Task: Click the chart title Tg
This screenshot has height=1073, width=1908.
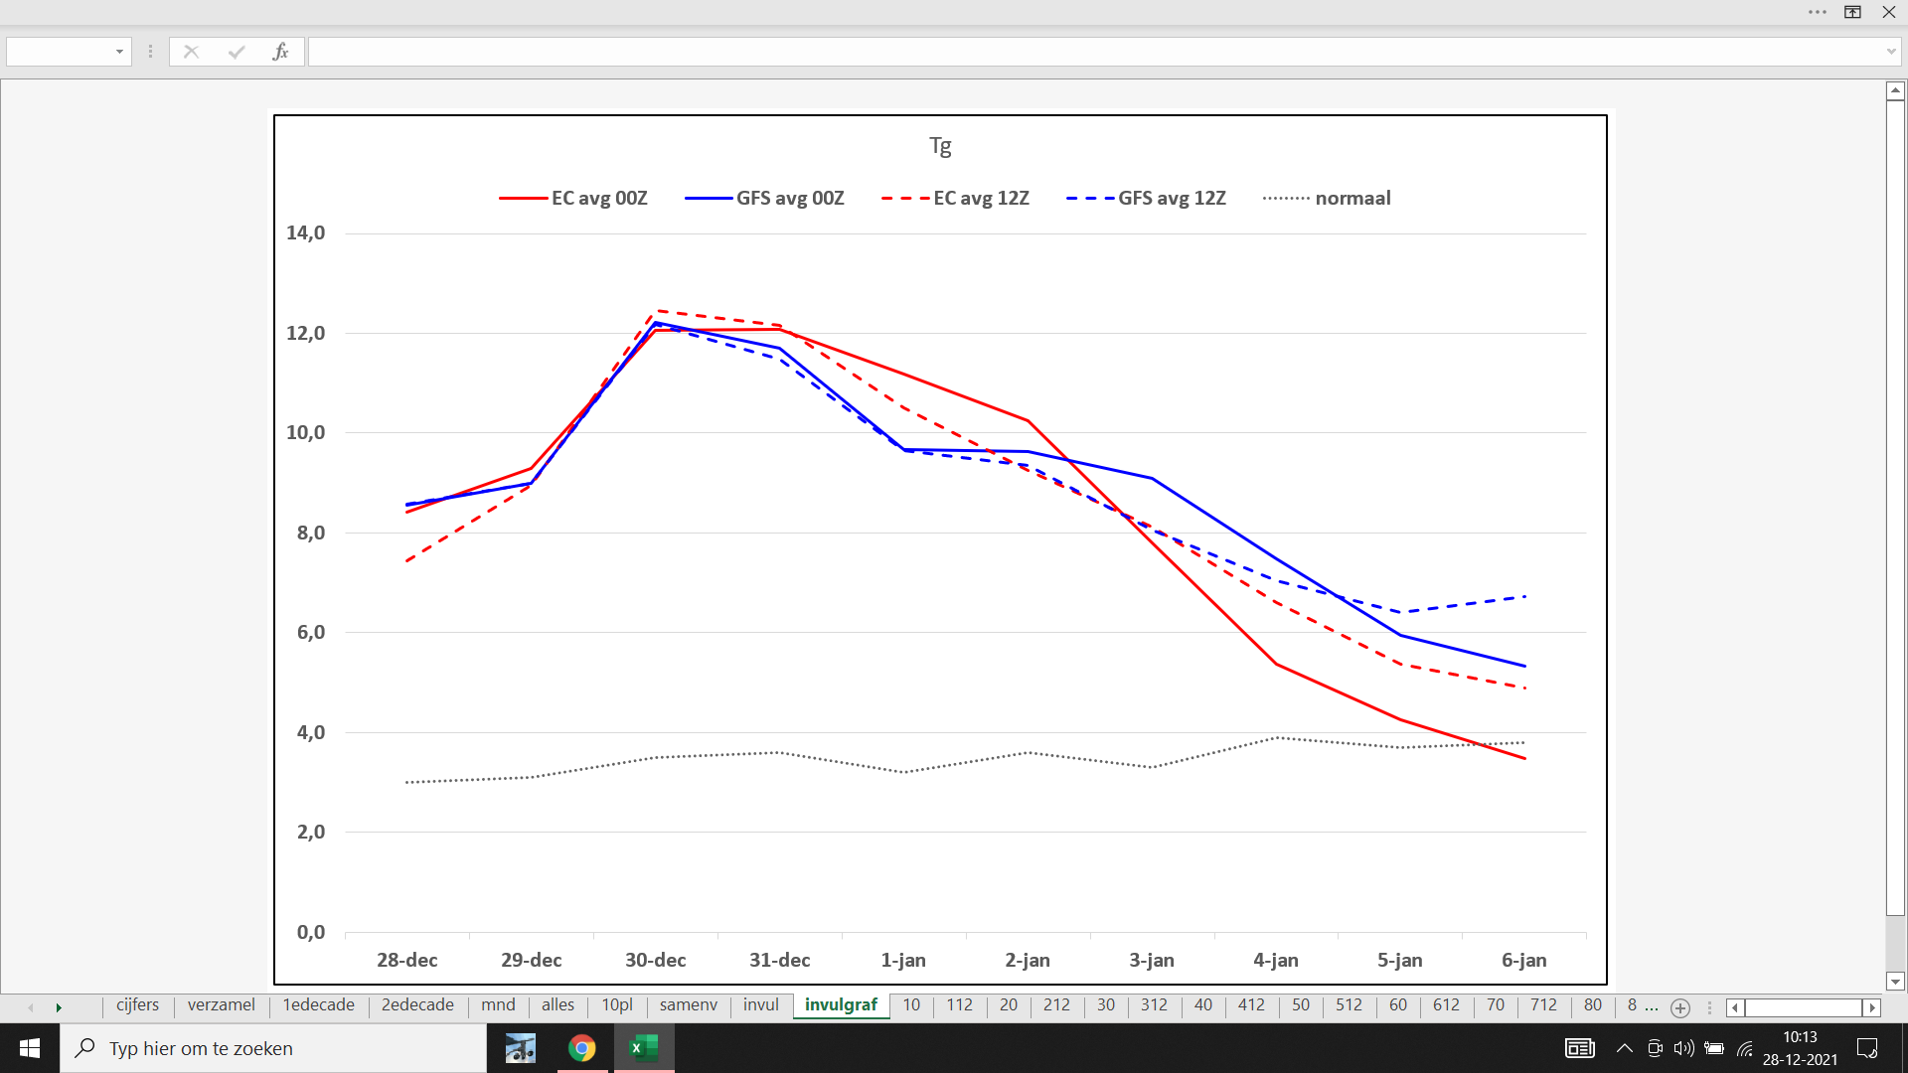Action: coord(940,147)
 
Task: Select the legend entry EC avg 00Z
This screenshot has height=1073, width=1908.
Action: coord(573,198)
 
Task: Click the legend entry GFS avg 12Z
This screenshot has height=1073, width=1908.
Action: coord(1146,198)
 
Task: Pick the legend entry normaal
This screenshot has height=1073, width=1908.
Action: coord(1327,198)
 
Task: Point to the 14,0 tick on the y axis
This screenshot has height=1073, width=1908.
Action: coord(305,232)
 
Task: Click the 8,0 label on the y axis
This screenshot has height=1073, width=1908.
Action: coord(310,533)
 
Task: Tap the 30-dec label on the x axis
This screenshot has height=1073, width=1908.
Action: coord(655,960)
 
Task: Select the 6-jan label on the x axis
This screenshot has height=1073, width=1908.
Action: coord(1523,960)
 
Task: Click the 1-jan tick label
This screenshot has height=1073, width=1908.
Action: coord(903,960)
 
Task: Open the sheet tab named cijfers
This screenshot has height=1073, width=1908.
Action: coord(137,1004)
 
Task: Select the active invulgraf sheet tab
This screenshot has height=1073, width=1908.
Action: coord(841,1004)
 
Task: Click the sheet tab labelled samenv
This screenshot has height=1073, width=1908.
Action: coord(688,1004)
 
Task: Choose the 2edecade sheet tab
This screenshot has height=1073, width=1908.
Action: coord(417,1004)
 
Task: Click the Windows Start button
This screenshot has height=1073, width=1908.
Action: coord(30,1048)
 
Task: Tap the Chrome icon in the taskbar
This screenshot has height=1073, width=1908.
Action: coord(582,1048)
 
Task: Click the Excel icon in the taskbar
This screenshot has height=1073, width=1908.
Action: coord(644,1048)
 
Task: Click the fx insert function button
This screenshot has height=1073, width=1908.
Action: coord(280,52)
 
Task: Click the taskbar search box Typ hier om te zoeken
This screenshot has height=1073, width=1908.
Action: coord(273,1048)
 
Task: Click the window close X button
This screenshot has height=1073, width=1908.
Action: coord(1888,12)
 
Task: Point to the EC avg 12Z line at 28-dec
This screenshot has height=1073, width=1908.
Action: coord(407,561)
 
